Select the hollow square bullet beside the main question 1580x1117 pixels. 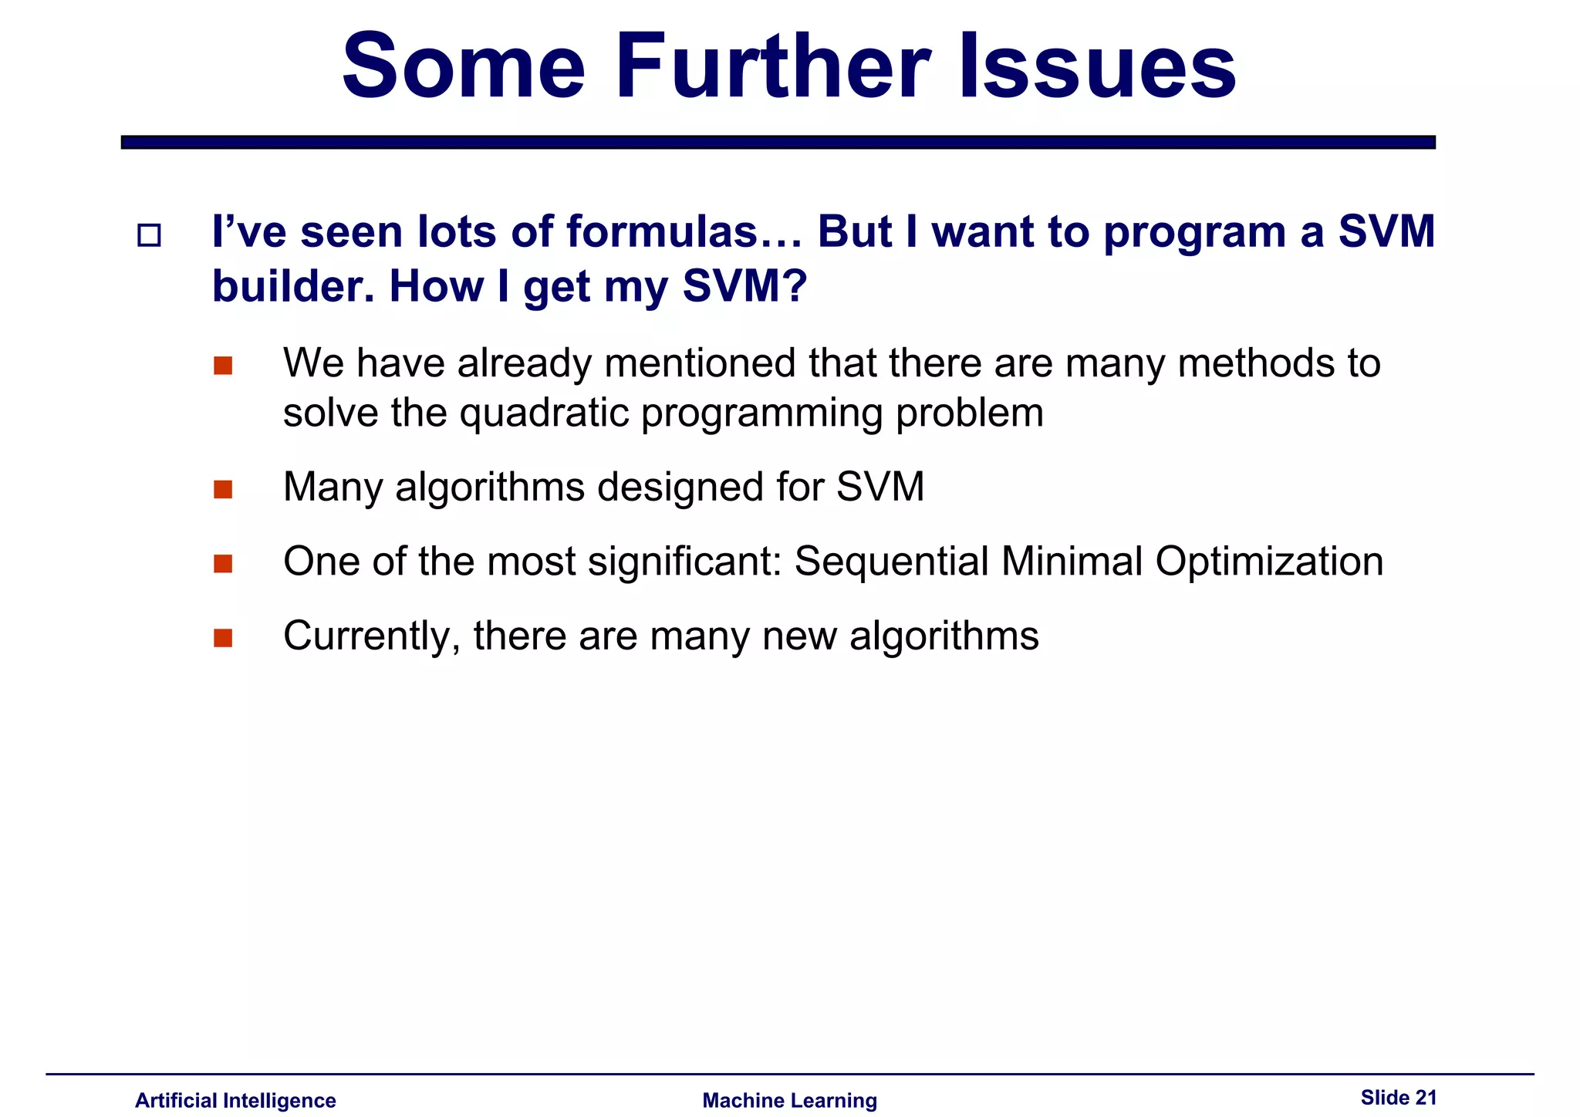(149, 235)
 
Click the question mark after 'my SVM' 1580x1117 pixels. (794, 285)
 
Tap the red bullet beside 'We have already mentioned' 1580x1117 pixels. (223, 366)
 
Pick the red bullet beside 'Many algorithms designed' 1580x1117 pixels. (223, 489)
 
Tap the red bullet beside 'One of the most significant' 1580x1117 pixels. (223, 564)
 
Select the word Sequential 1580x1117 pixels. (891, 561)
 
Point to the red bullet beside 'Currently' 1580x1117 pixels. (223, 638)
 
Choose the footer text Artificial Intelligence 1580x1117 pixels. (235, 1100)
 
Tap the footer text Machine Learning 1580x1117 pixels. (789, 1100)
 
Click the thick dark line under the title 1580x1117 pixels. (778, 142)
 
